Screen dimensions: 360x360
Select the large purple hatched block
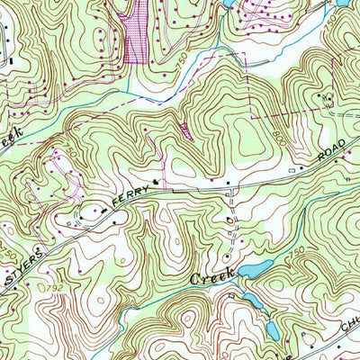click(132, 31)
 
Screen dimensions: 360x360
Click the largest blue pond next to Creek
click(255, 268)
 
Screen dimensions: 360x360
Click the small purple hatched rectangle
click(185, 130)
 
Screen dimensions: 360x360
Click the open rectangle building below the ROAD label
click(293, 169)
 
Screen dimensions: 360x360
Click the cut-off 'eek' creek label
click(10, 138)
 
